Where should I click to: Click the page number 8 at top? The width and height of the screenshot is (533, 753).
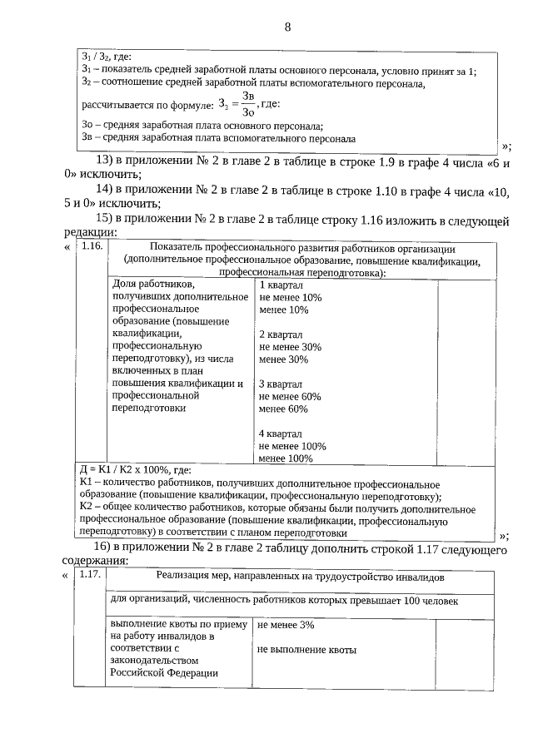[x=287, y=27]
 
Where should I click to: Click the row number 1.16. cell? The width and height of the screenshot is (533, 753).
[x=91, y=247]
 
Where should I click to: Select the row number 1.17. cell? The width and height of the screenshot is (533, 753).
[x=91, y=573]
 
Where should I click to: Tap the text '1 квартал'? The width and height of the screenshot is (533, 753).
[x=281, y=285]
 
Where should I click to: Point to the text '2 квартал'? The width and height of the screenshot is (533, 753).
[x=281, y=334]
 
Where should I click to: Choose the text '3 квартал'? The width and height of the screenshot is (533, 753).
[x=281, y=384]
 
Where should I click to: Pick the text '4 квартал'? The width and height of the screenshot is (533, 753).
[x=281, y=433]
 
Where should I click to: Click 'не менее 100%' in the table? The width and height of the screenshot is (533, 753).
[x=291, y=446]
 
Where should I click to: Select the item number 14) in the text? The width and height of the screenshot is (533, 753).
[x=106, y=189]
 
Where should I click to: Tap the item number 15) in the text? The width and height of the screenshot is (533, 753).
[x=106, y=218]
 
